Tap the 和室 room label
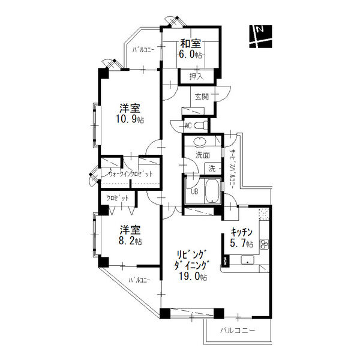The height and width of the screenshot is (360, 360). coord(191,43)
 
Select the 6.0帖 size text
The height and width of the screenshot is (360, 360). coord(191,54)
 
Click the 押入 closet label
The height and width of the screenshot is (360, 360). coord(196,76)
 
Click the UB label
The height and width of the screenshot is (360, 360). coord(195,192)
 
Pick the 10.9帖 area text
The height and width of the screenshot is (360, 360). coord(130,119)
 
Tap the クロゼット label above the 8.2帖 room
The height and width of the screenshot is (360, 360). coord(117,197)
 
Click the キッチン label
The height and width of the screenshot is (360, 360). coord(242,232)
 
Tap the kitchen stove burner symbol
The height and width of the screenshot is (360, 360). coord(263,243)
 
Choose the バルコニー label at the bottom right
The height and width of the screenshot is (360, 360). coord(237,331)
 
